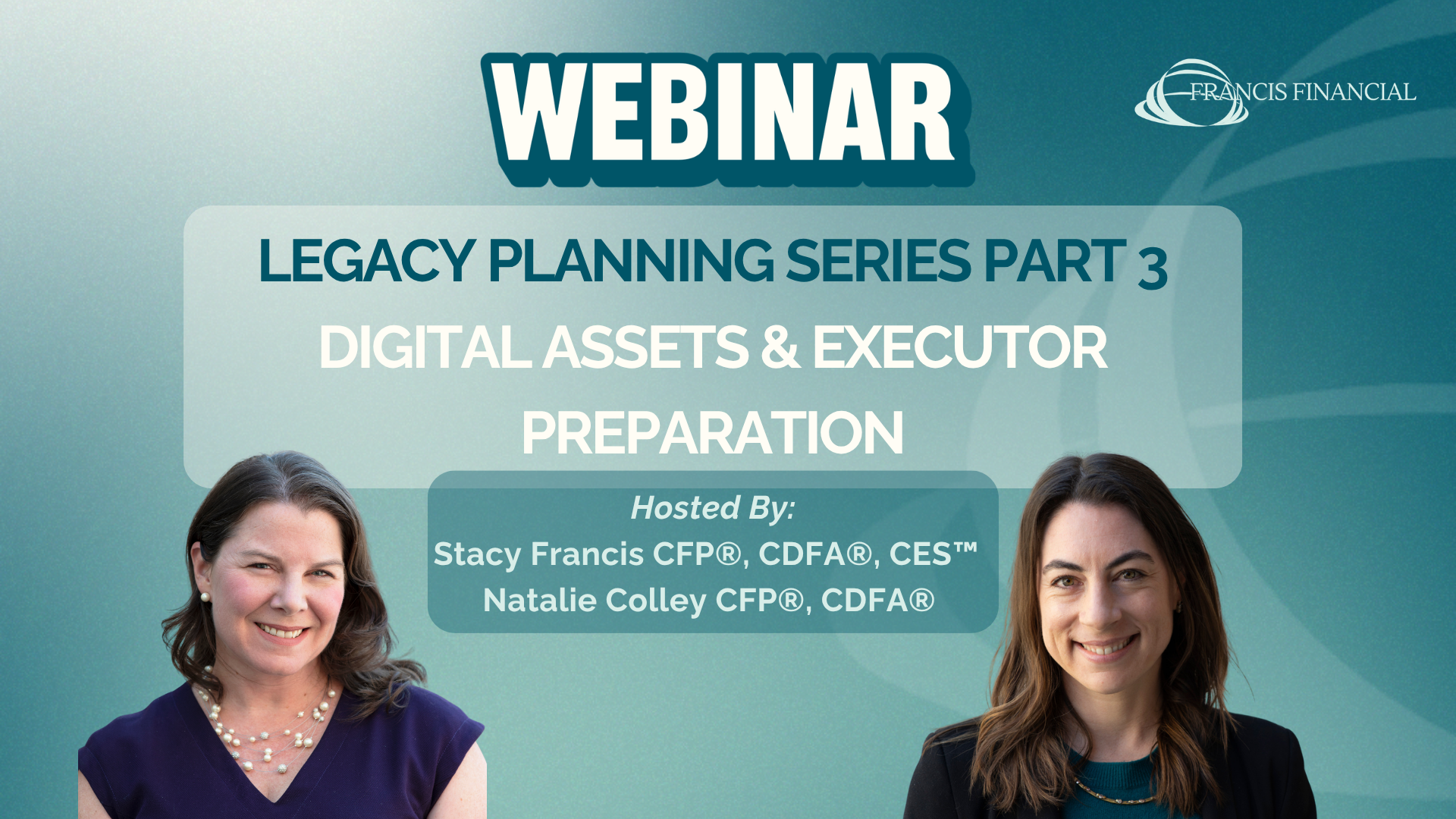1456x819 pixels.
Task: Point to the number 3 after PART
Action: [1153, 268]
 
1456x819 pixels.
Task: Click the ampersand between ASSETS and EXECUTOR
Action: [780, 347]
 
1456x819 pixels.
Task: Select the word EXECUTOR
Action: [960, 347]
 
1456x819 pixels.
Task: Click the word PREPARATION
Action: [713, 433]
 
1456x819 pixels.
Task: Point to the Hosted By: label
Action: [713, 509]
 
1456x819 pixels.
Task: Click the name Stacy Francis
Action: [538, 555]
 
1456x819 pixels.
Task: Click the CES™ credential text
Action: [934, 554]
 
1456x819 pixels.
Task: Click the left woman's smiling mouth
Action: [281, 631]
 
